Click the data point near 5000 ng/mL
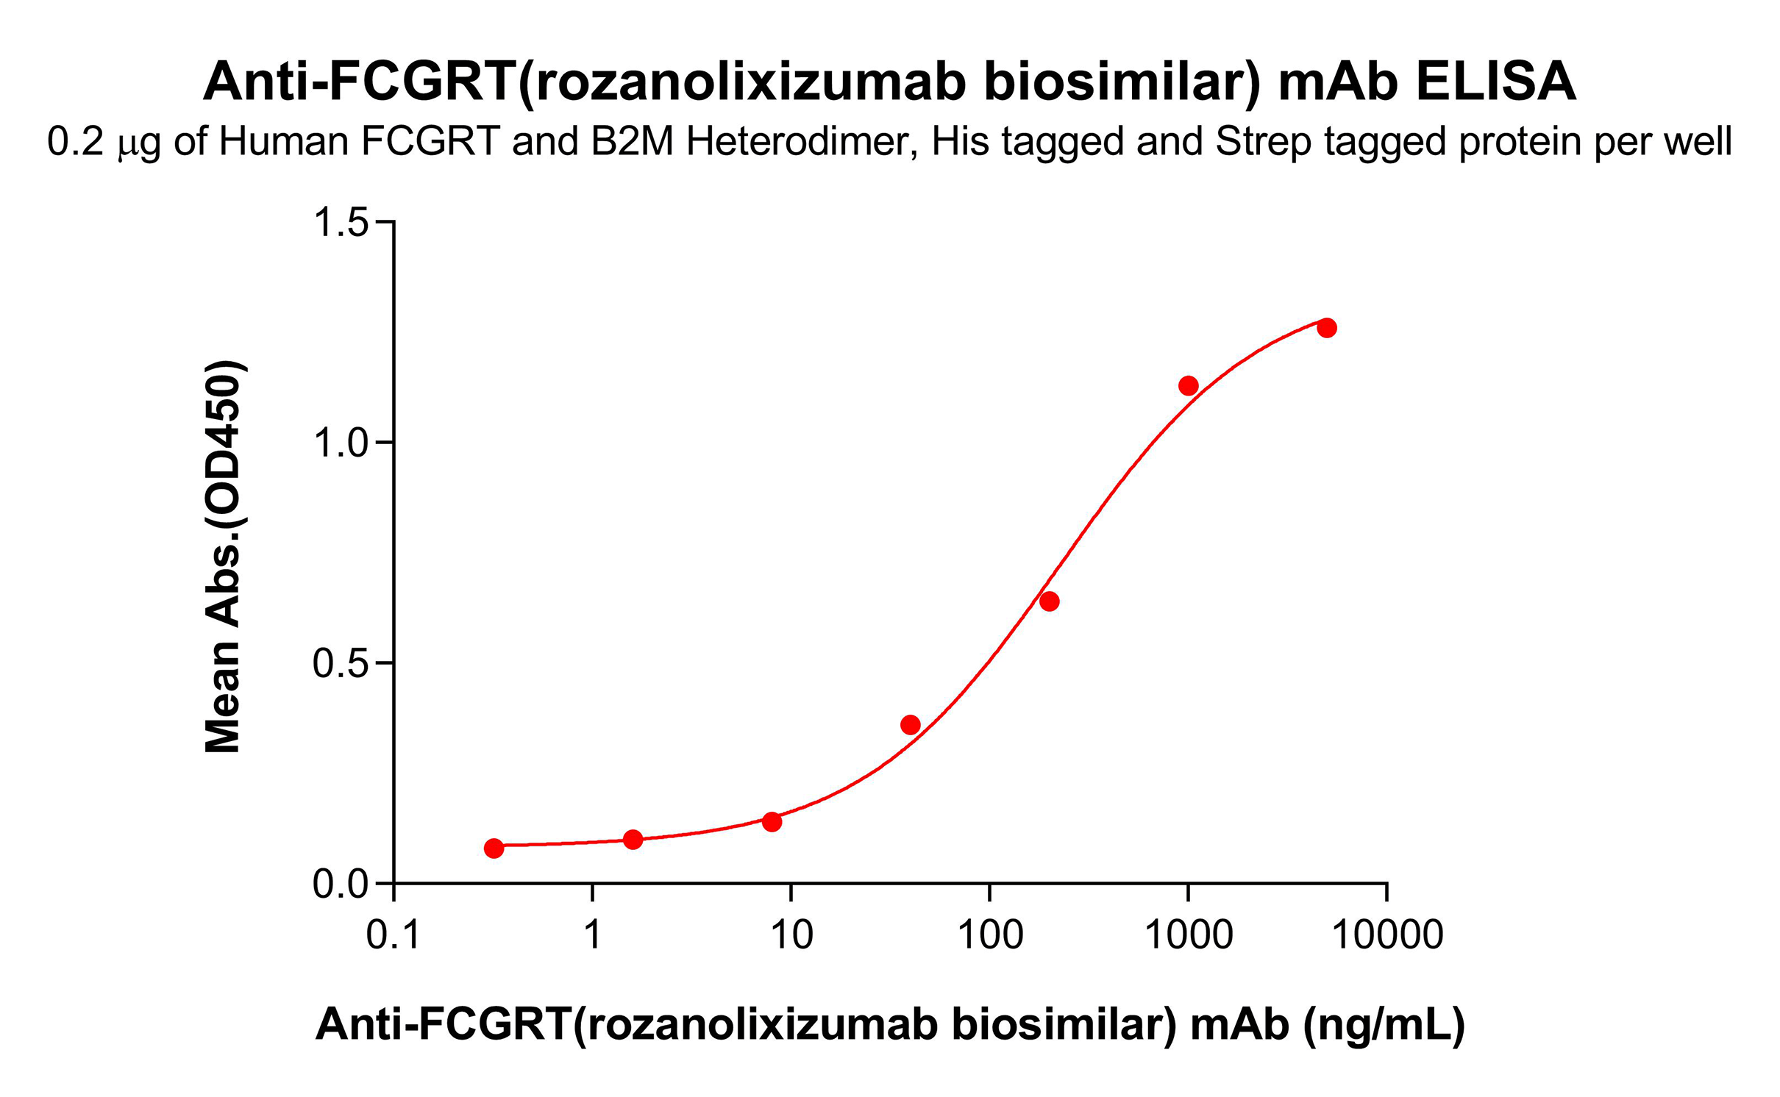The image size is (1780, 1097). (x=1326, y=328)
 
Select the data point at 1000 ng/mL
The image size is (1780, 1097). (x=1189, y=385)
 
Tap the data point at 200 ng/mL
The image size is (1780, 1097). (x=1050, y=601)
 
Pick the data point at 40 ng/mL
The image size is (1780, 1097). (x=911, y=725)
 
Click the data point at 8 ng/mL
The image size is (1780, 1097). (x=772, y=821)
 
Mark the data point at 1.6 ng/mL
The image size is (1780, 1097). (x=633, y=839)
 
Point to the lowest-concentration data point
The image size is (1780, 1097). (x=494, y=848)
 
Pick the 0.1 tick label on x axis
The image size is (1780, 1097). (x=394, y=935)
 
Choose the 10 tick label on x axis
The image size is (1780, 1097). (x=791, y=935)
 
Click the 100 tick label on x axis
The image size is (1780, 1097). (x=990, y=935)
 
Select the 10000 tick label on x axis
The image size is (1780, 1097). (x=1387, y=935)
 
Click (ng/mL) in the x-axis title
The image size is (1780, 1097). (x=1384, y=1023)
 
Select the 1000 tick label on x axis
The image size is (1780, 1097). (x=1189, y=935)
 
